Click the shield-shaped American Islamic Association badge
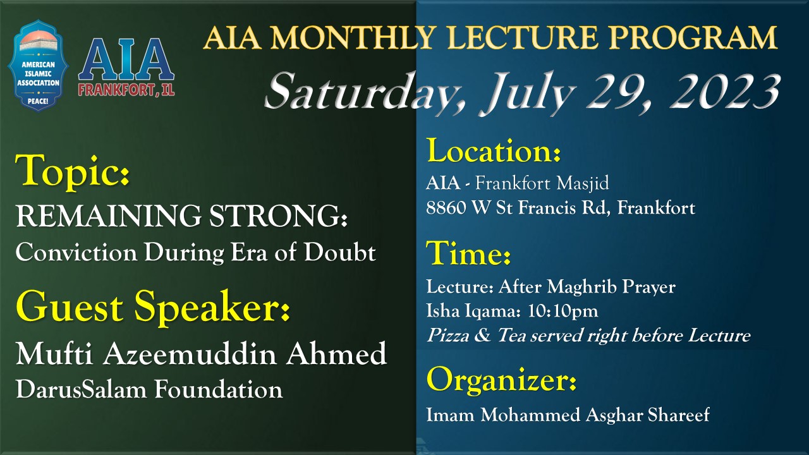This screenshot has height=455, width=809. click(x=39, y=66)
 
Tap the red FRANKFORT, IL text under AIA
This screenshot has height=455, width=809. click(x=126, y=90)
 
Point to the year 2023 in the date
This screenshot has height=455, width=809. click(x=724, y=91)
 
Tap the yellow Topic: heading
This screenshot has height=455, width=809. click(x=72, y=171)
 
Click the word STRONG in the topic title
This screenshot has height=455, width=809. click(x=278, y=216)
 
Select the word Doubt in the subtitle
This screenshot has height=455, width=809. click(x=339, y=252)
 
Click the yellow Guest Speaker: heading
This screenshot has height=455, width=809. click(x=153, y=307)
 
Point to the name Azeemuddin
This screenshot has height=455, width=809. click(x=190, y=353)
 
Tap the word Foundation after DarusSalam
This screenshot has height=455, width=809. click(x=219, y=390)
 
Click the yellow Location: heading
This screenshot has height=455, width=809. click(x=494, y=151)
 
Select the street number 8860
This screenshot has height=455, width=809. click(x=446, y=208)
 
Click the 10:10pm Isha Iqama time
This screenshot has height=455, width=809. click(x=563, y=311)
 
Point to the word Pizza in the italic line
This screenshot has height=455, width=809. click(x=448, y=336)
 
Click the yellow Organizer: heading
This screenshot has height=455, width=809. click(x=501, y=380)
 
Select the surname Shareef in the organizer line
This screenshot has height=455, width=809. click(x=678, y=415)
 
